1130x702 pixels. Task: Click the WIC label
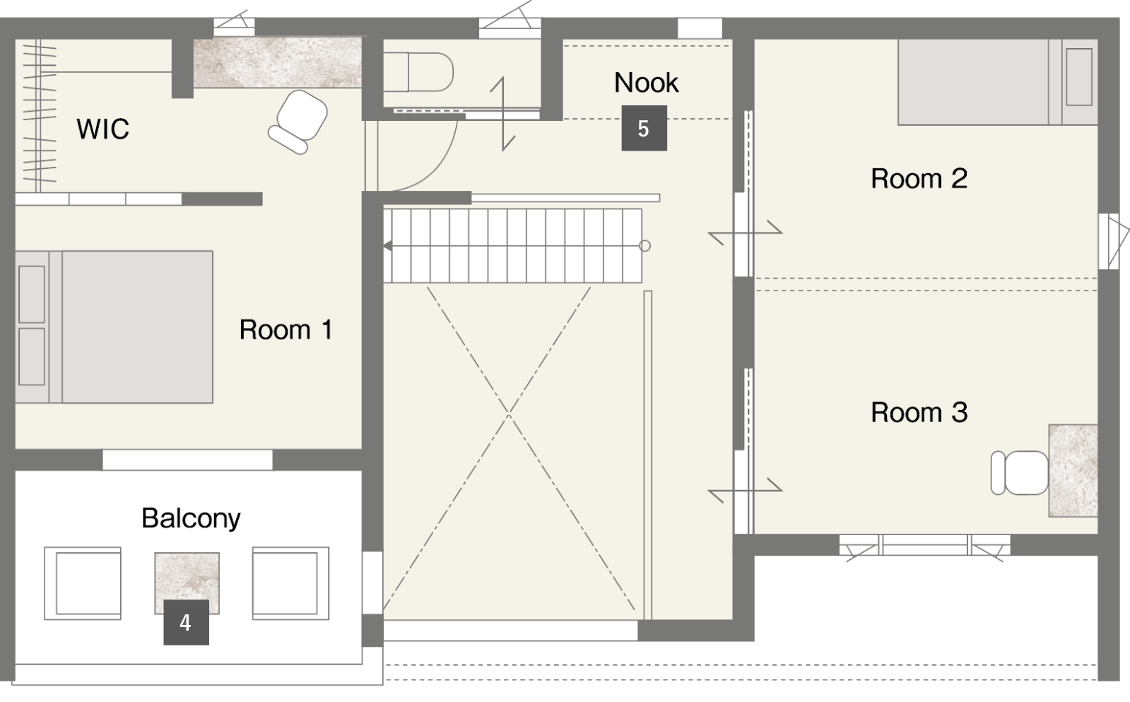(103, 129)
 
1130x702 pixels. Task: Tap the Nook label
(646, 82)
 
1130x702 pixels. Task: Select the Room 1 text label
(286, 329)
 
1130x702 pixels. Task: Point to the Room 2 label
(919, 179)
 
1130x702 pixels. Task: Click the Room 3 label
(919, 412)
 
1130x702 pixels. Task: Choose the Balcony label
(192, 519)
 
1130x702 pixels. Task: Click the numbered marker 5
(645, 128)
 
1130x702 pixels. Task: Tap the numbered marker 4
(186, 622)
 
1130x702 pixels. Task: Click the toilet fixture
(418, 72)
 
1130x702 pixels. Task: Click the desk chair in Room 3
(1020, 473)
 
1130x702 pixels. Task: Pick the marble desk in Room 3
(1073, 471)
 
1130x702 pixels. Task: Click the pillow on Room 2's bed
(1079, 77)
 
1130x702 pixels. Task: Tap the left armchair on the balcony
(83, 583)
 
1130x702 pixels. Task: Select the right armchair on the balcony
(291, 583)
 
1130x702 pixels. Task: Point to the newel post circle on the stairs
(645, 246)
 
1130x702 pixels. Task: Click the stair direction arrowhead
(387, 246)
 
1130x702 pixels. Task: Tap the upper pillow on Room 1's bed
(32, 294)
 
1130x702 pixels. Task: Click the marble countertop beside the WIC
(278, 63)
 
